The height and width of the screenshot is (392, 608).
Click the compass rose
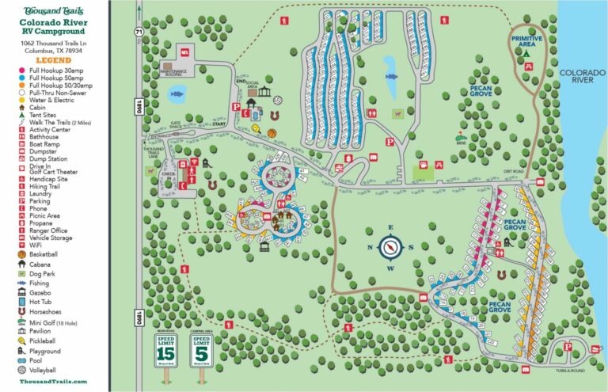pos(390,247)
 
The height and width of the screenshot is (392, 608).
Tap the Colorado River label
pos(582,76)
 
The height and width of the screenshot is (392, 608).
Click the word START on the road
pos(219,124)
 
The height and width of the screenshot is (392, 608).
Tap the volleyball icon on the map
pos(278,100)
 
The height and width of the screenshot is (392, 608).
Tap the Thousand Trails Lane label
pos(153,153)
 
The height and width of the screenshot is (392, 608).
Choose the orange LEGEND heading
pos(54,60)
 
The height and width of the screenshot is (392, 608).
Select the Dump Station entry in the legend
pos(47,159)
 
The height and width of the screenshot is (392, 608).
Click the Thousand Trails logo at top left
pos(53,12)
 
